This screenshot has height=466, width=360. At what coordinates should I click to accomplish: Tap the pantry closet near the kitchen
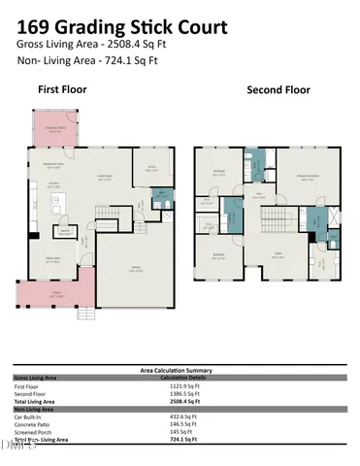point(66,231)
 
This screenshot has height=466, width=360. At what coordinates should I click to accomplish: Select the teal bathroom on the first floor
point(161,202)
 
